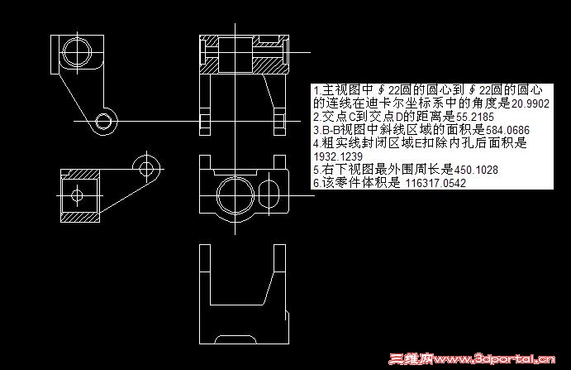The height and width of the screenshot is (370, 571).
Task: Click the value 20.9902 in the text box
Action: (x=530, y=104)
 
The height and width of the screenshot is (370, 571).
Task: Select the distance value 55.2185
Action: (x=475, y=118)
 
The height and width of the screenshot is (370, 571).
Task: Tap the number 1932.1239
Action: (x=338, y=156)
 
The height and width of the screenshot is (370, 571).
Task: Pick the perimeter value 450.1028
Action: (x=476, y=170)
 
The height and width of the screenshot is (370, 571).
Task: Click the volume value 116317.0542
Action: (x=435, y=183)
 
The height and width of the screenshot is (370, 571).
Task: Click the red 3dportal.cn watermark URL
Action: (x=494, y=359)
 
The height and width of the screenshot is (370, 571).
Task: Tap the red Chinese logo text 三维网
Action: (x=411, y=359)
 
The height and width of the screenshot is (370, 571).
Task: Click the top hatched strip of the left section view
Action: (x=80, y=174)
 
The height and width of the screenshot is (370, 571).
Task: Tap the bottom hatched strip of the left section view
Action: (x=80, y=218)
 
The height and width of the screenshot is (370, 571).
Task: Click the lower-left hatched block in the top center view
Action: (x=209, y=65)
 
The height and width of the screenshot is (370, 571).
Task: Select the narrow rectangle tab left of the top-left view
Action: (x=55, y=55)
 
